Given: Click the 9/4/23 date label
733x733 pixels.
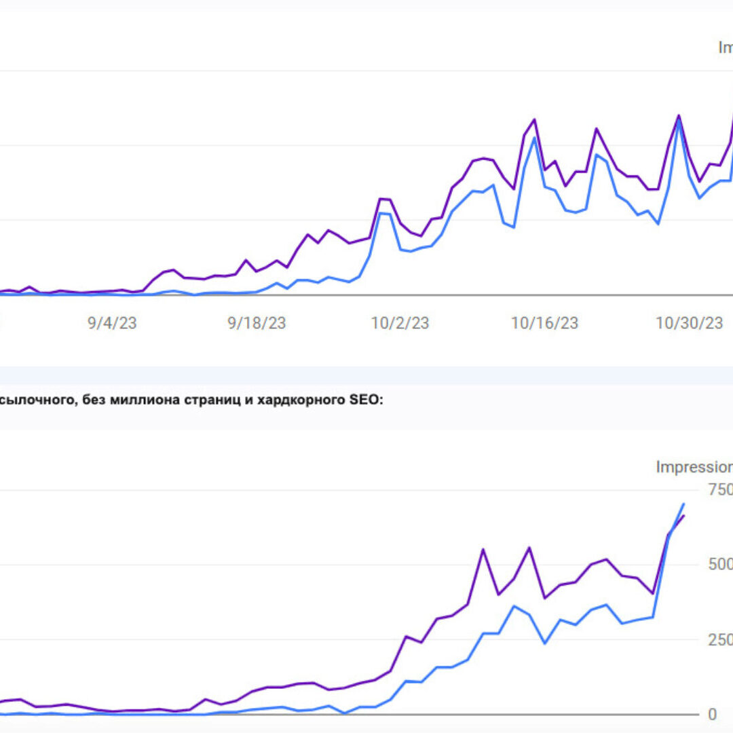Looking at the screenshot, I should tap(112, 323).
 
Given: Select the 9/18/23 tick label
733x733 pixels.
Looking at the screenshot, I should tap(257, 323).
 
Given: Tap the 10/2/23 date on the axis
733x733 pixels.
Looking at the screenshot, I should tap(400, 323).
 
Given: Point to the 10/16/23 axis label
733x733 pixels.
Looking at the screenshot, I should tap(544, 323).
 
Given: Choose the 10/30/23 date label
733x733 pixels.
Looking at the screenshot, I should tap(689, 323).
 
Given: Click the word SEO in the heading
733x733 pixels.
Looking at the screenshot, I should tap(365, 400).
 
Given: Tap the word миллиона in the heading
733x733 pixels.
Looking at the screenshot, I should tap(143, 400).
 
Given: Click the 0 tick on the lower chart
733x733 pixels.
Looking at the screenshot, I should tap(712, 714).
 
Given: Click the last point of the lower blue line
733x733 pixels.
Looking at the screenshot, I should tap(683, 504).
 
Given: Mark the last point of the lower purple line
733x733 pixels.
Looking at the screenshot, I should tap(683, 516).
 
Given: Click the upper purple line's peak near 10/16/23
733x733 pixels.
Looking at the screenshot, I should tap(535, 119).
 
